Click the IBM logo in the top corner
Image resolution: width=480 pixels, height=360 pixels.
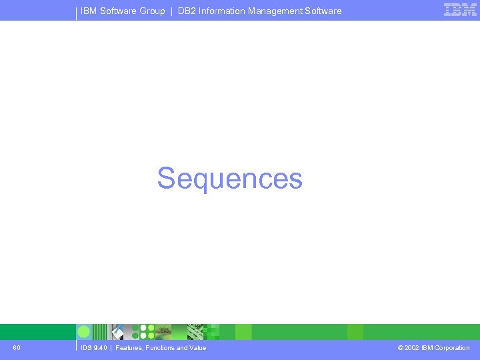[460, 10]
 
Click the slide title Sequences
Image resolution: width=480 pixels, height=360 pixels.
[229, 179]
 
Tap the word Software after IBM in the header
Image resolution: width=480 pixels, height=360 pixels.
[118, 11]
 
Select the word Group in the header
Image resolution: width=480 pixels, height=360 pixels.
[153, 11]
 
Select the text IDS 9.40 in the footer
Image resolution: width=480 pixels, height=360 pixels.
[93, 348]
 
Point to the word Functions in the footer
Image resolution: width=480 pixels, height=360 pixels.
[160, 348]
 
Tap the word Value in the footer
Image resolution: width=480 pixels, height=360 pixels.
[197, 348]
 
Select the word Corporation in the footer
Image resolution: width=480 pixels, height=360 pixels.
[452, 348]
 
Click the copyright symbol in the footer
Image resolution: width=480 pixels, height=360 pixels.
[400, 348]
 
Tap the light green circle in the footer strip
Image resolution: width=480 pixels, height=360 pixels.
[84, 332]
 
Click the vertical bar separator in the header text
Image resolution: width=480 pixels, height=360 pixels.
[171, 11]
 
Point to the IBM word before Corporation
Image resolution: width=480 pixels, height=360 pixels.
[427, 348]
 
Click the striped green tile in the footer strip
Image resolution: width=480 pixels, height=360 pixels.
[100, 332]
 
